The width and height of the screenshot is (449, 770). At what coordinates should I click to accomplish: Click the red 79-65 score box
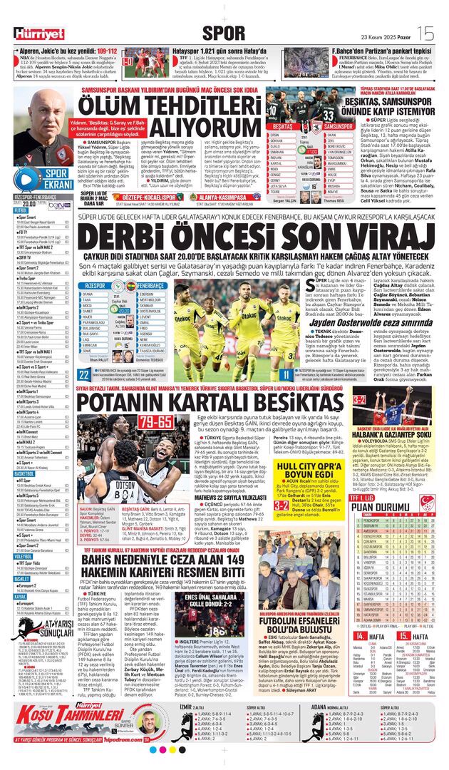tap(155, 422)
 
